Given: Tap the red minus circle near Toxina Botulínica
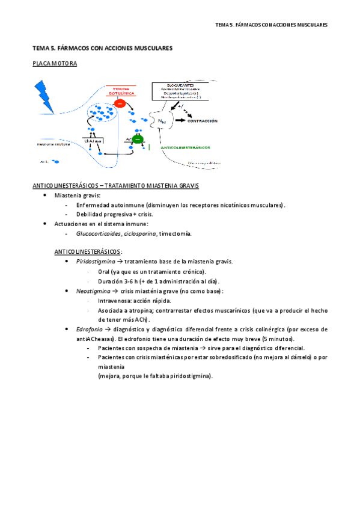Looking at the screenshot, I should pos(120,103).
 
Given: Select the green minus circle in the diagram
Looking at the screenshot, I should pos(138,140).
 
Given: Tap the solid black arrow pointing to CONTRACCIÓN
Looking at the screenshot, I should pos(180,121).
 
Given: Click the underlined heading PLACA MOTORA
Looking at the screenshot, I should pos(55,63).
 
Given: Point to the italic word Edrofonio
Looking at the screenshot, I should pos(90,329).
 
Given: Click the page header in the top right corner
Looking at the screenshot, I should pos(271,25).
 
